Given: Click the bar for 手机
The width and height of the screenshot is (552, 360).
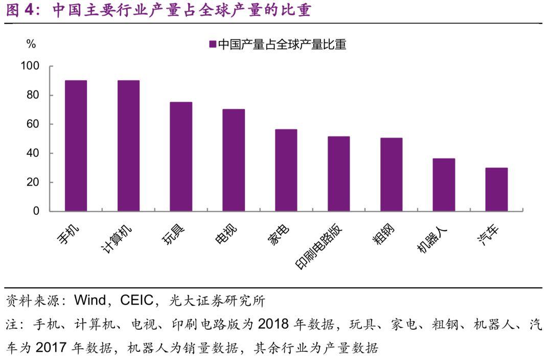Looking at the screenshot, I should (76, 146).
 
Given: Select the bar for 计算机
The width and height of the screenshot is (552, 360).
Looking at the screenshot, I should (128, 146).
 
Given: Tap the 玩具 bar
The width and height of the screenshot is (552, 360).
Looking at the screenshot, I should (181, 156).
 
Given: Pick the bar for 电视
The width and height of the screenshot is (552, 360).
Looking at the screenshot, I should (234, 160).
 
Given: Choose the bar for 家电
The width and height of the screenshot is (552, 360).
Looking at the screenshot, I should (286, 170).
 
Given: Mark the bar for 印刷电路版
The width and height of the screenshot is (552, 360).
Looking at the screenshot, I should (339, 174).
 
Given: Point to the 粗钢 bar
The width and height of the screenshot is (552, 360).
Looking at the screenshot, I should (392, 174).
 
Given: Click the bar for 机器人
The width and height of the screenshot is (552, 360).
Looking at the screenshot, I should (444, 185).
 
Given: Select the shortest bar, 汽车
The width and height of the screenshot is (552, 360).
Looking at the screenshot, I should (496, 189).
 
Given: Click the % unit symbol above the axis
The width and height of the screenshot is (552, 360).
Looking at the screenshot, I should (31, 44).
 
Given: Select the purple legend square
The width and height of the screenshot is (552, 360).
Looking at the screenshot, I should (213, 44).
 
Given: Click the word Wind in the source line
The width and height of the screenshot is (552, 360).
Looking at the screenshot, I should (90, 300).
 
